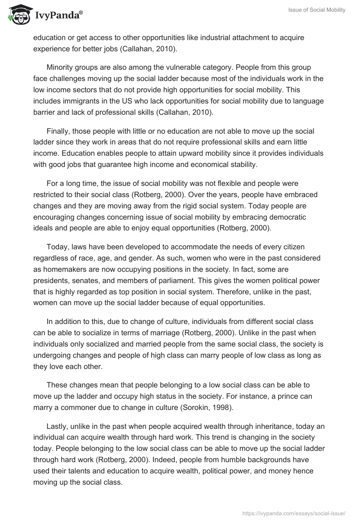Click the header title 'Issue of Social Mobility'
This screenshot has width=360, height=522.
[317, 10]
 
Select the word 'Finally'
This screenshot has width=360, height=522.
[58, 131]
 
